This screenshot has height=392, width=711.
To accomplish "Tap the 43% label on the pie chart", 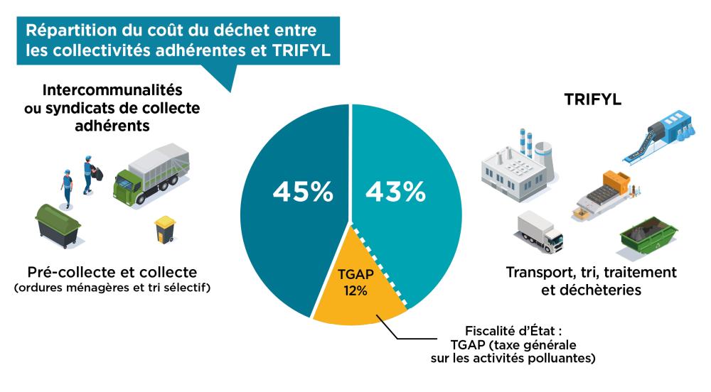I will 395,191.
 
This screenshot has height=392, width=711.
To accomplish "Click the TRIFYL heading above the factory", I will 592,100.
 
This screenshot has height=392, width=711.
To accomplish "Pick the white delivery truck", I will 539,232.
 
